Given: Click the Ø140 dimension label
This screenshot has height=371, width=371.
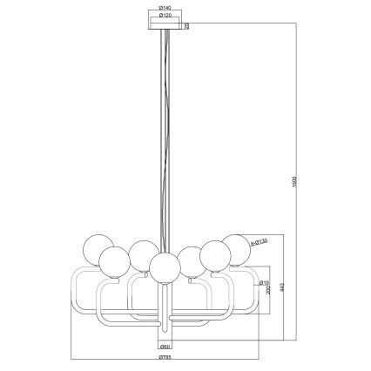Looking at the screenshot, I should (166, 9).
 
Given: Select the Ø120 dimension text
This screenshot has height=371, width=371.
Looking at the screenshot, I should (166, 16).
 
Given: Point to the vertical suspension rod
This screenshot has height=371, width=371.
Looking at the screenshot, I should (166, 131).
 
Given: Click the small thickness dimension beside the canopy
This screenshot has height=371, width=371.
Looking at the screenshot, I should (186, 26).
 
